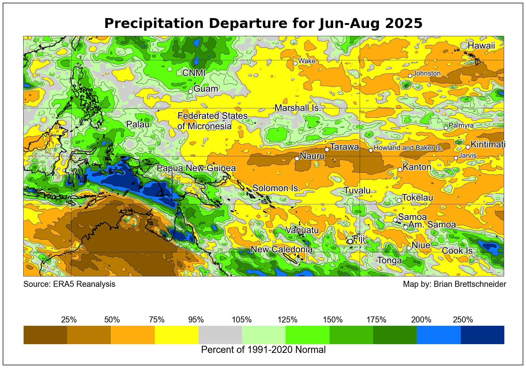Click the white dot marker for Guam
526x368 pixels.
pos(190,91)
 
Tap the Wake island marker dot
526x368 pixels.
pos(295,63)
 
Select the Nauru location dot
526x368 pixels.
pos(297,158)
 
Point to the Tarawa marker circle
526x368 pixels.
pos(327,149)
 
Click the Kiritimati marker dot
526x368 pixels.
pos(468,147)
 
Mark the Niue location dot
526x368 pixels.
pos(409,248)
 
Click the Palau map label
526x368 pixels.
pos(138,124)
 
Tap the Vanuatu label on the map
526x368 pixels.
pos(302,230)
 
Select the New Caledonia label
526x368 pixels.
pos(282,249)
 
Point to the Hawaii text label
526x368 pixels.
pos(481,46)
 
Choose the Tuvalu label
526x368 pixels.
pos(357,190)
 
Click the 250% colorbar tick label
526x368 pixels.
pos(463,320)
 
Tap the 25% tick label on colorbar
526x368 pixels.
pos(69,320)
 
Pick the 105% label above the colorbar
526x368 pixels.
pos(242,320)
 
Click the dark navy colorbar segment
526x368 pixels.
pos(482,335)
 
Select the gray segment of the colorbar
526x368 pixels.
pos(220,335)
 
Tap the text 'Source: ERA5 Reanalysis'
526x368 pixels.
pos(69,284)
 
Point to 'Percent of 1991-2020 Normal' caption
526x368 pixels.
pos(263,350)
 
